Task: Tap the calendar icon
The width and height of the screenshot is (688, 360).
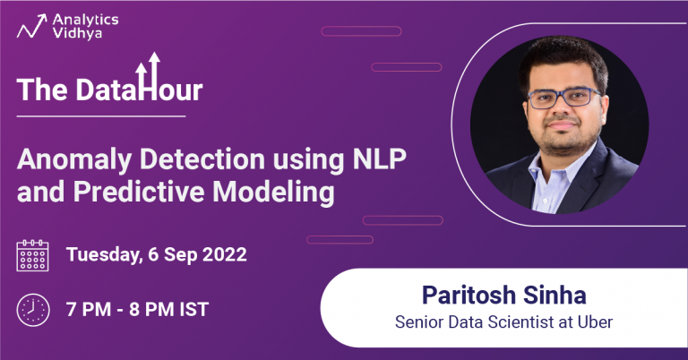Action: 33,255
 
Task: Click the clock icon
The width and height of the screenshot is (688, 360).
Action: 33,310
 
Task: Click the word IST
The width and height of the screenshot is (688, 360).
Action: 191,310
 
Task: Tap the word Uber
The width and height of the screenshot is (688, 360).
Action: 595,321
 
